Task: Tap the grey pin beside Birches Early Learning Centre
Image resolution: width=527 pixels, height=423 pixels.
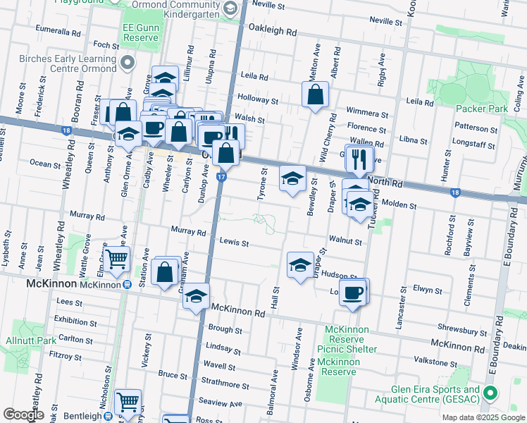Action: (x=128, y=63)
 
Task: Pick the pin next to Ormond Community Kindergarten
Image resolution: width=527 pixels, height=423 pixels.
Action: (x=229, y=8)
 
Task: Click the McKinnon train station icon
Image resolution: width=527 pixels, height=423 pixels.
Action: (x=127, y=284)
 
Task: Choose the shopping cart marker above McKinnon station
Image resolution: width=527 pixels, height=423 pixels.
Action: (x=117, y=259)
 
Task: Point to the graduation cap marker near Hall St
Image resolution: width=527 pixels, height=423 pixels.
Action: (x=300, y=265)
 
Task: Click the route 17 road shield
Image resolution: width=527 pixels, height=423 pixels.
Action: (x=221, y=176)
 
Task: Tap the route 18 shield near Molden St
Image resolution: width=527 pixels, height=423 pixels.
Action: (x=454, y=192)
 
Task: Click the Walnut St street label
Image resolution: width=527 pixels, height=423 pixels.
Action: (x=345, y=241)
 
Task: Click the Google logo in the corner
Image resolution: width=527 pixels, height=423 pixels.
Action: (x=23, y=415)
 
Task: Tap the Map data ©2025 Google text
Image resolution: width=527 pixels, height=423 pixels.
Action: (x=482, y=417)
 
